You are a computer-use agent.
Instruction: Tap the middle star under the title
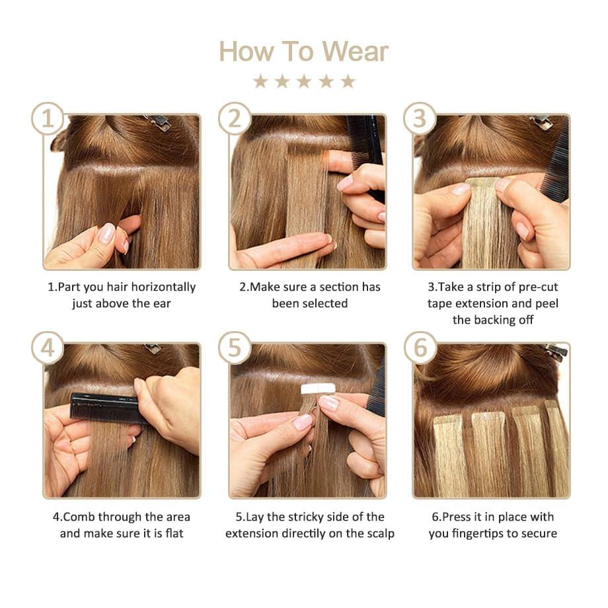pos(304,81)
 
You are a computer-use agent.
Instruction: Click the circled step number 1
pos(48,119)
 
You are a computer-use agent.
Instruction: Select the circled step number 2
pos(235,119)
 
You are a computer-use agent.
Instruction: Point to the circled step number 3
pos(420,119)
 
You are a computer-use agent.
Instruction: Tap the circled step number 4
pos(48,348)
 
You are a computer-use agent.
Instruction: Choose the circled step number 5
pos(235,348)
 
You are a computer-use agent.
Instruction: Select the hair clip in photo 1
pos(157,122)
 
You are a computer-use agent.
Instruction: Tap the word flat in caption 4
pos(172,533)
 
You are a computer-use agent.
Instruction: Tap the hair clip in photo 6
pos(555,350)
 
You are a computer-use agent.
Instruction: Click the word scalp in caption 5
pos(379,533)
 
